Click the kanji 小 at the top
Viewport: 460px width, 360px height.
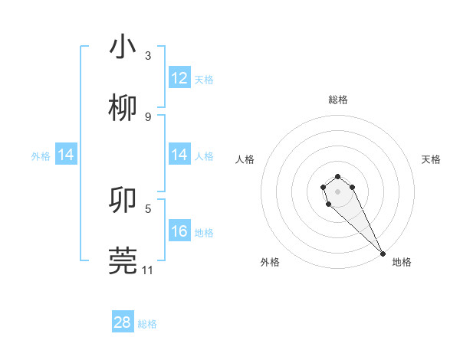[123, 47]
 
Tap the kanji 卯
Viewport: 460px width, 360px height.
[123, 201]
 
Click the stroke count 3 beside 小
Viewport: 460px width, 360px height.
[148, 56]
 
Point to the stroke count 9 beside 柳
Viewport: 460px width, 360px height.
[148, 116]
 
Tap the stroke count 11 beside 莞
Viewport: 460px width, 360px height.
[148, 270]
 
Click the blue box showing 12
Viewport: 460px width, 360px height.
[179, 78]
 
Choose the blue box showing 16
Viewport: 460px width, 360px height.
[179, 231]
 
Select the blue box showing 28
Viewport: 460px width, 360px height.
[123, 322]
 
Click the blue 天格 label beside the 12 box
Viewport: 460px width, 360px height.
[204, 79]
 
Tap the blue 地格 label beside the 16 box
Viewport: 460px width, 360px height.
[204, 232]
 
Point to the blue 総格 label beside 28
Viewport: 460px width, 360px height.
[147, 323]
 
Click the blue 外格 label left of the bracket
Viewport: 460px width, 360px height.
[41, 155]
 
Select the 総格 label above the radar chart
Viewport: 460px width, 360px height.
[338, 100]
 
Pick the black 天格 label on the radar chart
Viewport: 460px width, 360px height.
[431, 159]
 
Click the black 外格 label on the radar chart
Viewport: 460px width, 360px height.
[270, 262]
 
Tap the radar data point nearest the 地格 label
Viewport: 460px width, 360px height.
[383, 253]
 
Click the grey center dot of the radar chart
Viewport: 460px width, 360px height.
[337, 190]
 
